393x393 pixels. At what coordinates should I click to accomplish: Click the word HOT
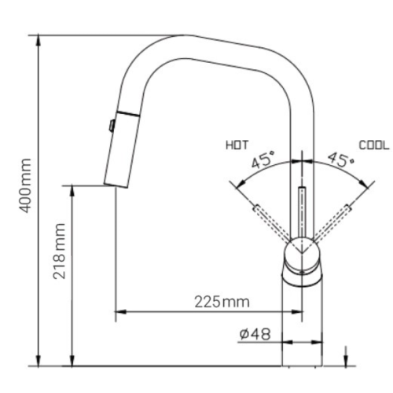click(237, 145)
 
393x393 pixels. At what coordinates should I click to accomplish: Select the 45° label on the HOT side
click(263, 162)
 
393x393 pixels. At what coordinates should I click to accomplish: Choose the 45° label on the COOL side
click(340, 162)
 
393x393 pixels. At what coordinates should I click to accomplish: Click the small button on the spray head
click(112, 123)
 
